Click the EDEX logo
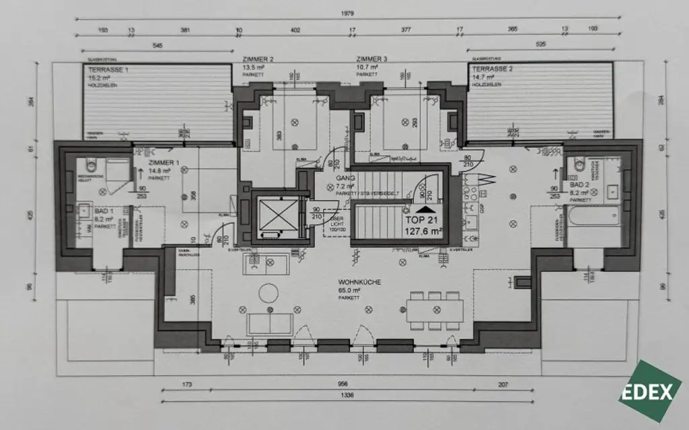655,392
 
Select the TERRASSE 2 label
492,69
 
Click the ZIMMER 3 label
371,60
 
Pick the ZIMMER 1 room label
164,163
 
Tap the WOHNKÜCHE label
359,283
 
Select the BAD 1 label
86,211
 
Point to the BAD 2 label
578,184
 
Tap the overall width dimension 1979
347,13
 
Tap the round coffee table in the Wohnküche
268,293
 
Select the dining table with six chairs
435,309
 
